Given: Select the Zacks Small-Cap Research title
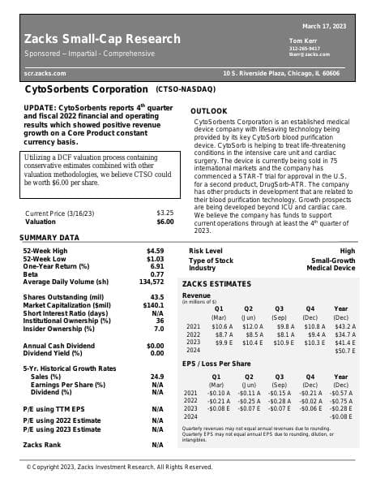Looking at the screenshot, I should [x=102, y=39].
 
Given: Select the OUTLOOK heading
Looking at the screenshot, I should [x=208, y=110].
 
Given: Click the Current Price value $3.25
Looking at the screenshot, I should [x=164, y=213].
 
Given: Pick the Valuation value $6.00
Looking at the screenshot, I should [x=164, y=222].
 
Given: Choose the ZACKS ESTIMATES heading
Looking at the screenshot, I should [x=216, y=284].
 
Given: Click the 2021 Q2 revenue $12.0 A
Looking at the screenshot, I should [x=254, y=325].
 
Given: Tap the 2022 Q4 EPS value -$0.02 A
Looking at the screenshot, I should [x=312, y=400].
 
